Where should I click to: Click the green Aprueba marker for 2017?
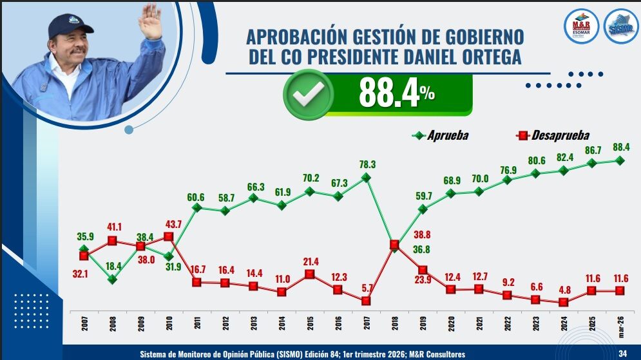point(367,178)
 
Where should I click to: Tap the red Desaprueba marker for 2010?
point(169,236)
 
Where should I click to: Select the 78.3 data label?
point(367,165)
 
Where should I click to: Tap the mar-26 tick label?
point(620,325)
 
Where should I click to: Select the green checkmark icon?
point(308,95)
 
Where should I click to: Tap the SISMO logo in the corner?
point(620,26)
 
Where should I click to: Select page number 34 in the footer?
point(622,353)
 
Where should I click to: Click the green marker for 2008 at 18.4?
point(112,279)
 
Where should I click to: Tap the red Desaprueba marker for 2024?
point(564,302)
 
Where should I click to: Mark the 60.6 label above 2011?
point(196,196)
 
